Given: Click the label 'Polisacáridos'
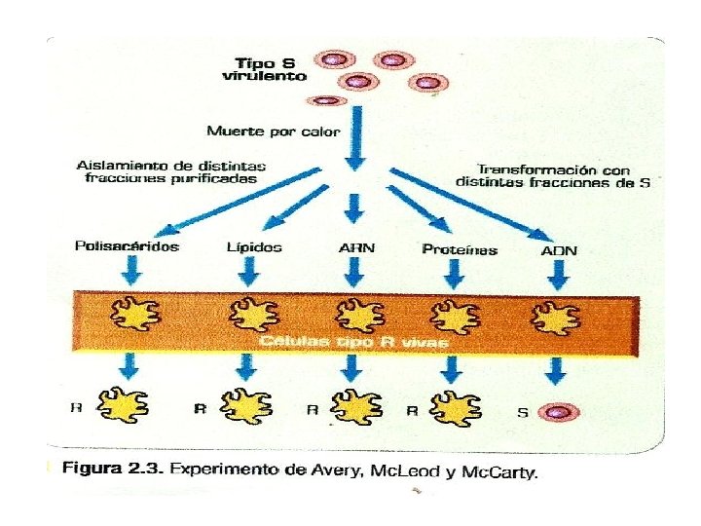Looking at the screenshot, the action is pos(127,246).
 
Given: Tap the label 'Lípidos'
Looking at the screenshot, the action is pos(253,247).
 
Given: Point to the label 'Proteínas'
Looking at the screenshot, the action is pos(460,249).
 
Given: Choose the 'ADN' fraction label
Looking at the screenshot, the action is pos(559,250).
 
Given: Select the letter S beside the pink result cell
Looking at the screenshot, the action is pos(522,412).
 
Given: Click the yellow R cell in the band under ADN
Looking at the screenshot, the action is pos(554,315).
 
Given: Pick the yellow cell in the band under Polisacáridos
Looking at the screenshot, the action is pos(129,314).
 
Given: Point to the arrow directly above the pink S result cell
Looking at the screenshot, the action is pos(556,371).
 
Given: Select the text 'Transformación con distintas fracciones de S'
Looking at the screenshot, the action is pos(553,174).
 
